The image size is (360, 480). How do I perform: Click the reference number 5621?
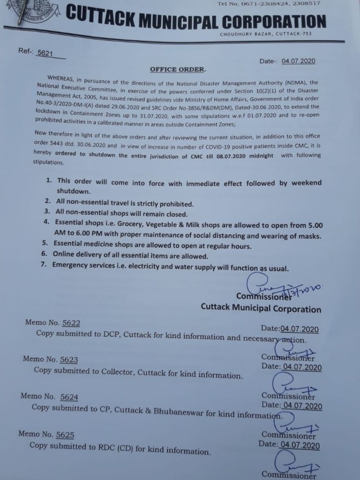pos(45,54)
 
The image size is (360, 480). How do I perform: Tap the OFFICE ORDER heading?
pos(177,69)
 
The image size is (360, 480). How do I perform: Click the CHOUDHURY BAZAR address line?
pos(265,34)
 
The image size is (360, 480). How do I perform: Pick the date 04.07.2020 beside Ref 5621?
pos(299,61)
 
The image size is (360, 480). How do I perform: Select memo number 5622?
pos(69,323)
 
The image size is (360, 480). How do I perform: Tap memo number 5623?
pos(68,360)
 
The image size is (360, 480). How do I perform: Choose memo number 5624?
pos(69,397)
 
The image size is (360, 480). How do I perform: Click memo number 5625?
pos(65,435)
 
